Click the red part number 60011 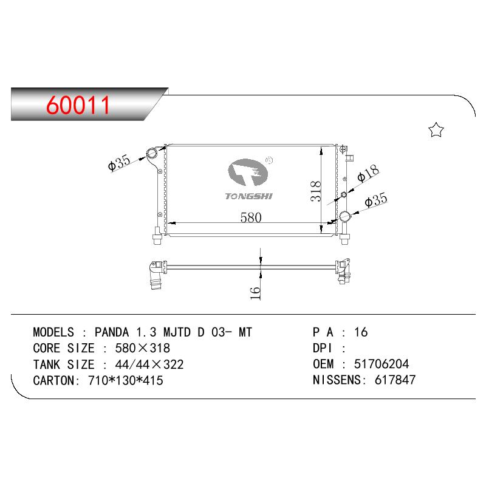(78, 105)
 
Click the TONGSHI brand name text (248, 196)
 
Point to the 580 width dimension (251, 217)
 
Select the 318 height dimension (315, 191)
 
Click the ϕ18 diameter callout (368, 173)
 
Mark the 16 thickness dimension (255, 293)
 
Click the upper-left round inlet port (152, 154)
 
